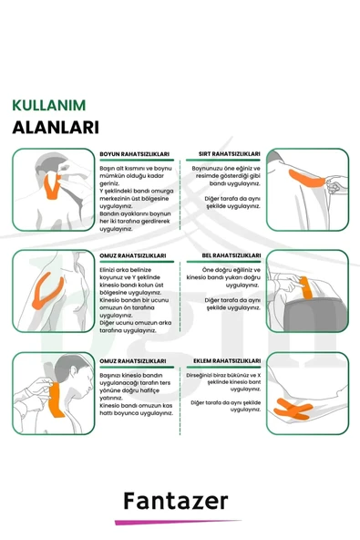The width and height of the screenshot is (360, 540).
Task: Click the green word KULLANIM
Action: click(49, 106)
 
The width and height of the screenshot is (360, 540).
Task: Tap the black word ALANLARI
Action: click(56, 127)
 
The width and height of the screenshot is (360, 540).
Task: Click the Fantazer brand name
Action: click(176, 501)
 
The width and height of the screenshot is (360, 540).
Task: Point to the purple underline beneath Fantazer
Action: click(178, 522)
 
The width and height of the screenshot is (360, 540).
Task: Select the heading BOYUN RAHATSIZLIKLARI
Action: click(135, 154)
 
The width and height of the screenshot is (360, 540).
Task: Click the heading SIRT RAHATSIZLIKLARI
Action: click(230, 154)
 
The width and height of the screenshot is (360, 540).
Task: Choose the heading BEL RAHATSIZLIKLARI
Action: click(231, 255)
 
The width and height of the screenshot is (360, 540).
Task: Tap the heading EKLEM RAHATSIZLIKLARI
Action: click(227, 361)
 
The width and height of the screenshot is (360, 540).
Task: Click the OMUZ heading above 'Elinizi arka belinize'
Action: click(133, 255)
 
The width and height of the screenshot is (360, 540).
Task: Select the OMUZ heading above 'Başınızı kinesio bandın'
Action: click(133, 361)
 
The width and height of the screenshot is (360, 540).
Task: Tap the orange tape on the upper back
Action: click(305, 179)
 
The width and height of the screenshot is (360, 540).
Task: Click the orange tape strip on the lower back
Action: click(306, 287)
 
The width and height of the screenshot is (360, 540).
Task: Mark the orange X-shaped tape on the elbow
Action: click(293, 410)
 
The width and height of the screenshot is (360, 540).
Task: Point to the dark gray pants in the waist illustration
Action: click(316, 315)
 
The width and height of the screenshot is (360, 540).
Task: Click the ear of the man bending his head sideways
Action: click(73, 371)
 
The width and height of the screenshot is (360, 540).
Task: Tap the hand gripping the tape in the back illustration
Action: click(336, 184)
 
